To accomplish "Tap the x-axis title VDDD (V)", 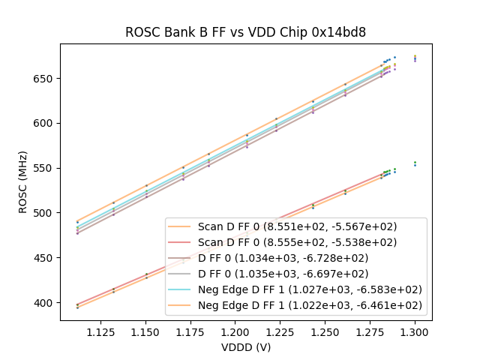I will (x=245, y=347).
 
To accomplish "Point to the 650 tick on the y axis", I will (x=46, y=79).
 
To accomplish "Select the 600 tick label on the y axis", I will (x=46, y=124).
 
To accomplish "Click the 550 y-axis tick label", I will (x=46, y=168).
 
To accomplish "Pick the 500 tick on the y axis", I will (x=46, y=213).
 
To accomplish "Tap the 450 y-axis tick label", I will (x=46, y=258).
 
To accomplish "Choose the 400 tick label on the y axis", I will (x=46, y=303).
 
